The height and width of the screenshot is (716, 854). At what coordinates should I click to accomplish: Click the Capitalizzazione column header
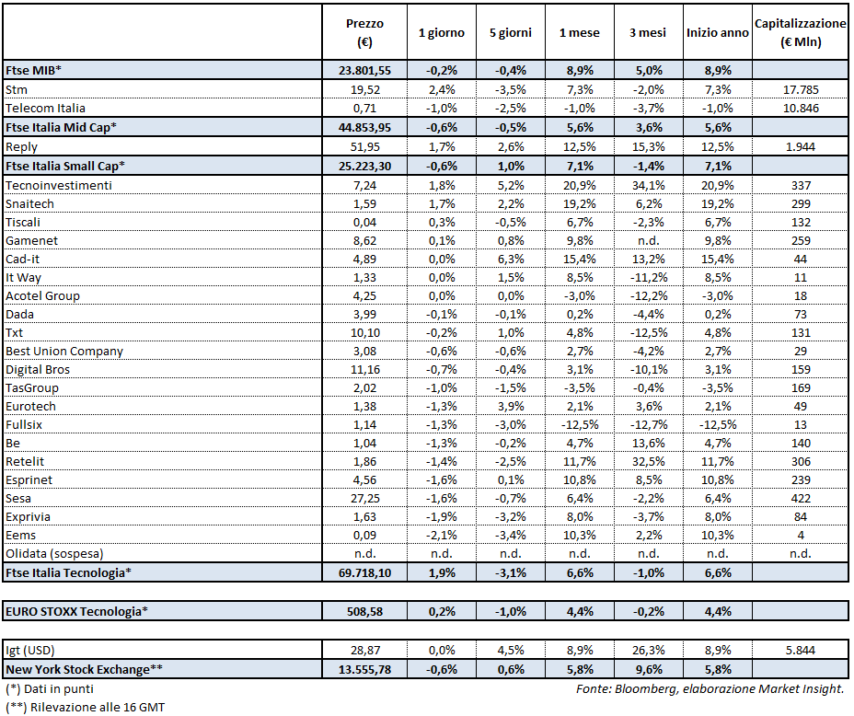[x=800, y=32]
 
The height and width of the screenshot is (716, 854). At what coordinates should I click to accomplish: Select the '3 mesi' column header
[x=648, y=32]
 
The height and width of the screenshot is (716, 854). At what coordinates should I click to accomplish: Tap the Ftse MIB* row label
[x=34, y=71]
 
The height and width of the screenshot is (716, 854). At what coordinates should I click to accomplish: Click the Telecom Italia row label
[x=45, y=108]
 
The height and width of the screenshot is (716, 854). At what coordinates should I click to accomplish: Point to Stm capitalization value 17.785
[x=800, y=89]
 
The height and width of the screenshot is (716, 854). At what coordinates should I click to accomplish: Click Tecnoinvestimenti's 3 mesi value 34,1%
[x=648, y=185]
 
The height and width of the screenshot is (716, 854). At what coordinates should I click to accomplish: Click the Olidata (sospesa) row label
[x=54, y=553]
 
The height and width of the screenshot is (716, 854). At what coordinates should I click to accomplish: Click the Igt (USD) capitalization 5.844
[x=800, y=650]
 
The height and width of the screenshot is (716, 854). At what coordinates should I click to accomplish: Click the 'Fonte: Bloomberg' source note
[x=707, y=688]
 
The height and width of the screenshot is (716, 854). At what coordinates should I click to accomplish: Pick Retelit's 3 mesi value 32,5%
[x=648, y=461]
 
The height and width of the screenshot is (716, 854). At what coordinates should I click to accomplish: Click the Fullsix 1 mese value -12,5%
[x=579, y=424]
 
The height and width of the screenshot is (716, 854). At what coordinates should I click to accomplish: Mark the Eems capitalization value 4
[x=800, y=535]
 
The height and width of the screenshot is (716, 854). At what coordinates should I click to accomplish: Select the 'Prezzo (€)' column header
[x=364, y=32]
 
